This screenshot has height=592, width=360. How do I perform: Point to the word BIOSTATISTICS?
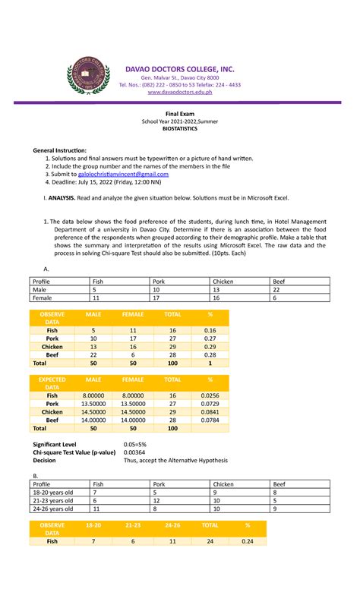click(180, 130)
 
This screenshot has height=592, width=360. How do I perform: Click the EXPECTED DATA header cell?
click(52, 383)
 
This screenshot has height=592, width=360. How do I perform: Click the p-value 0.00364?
click(134, 452)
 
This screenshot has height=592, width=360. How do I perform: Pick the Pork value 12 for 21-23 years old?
click(156, 501)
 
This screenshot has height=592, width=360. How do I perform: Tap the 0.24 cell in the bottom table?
click(246, 542)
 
